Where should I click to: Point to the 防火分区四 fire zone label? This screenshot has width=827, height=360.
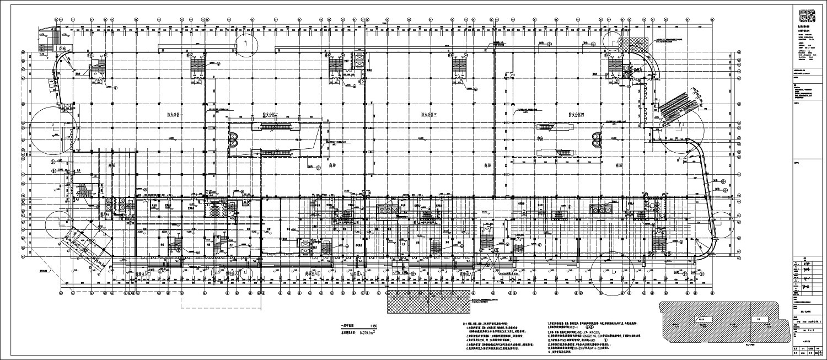pos(578,115)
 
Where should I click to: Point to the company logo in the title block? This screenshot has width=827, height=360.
pos(808,17)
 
